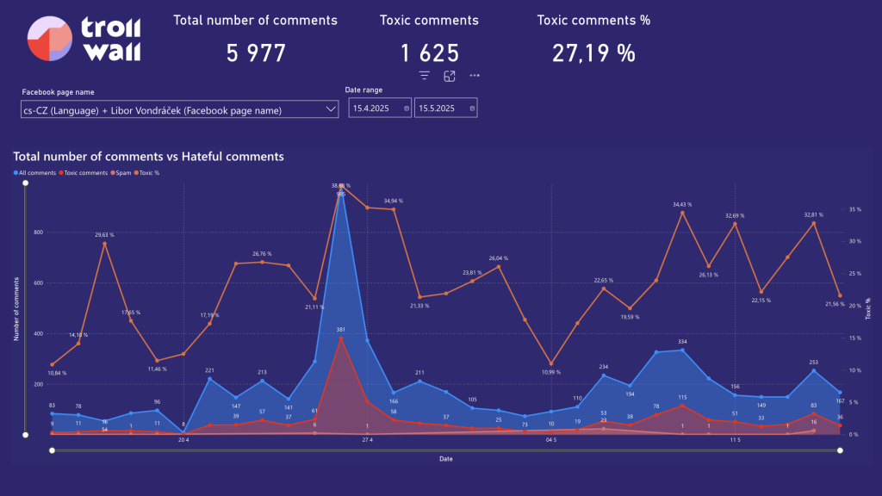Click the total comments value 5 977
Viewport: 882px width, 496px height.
256,53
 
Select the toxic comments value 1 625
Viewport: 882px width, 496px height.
429,53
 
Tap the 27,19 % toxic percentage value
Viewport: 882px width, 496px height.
593,53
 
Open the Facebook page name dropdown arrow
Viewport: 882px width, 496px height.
332,108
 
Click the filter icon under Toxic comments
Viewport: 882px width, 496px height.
424,76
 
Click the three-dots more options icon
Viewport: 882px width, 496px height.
475,76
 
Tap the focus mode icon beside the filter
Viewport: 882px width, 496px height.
450,76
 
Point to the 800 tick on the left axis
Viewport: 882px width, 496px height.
38,232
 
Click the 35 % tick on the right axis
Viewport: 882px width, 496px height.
854,209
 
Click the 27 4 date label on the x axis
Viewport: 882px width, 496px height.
366,440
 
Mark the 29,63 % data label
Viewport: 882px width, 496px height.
104,233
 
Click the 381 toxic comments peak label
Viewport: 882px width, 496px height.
341,330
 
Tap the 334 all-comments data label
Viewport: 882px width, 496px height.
682,342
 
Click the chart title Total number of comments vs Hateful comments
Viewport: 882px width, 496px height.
148,157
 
